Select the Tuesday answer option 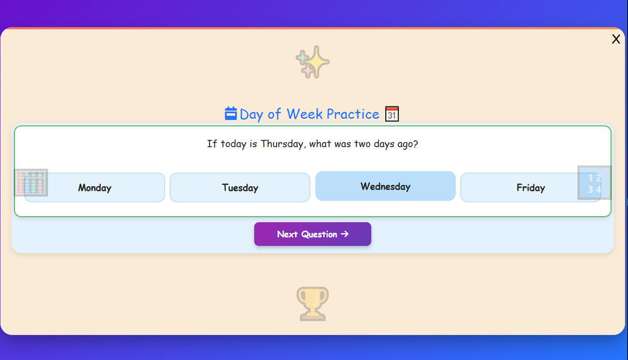(x=240, y=187)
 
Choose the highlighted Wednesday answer (x=385, y=186)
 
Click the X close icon (x=616, y=39)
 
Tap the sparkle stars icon (x=313, y=62)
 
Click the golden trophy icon (x=313, y=304)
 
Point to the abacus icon (x=31, y=183)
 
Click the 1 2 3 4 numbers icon (x=594, y=183)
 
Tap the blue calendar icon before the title (x=231, y=114)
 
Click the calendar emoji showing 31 (x=392, y=114)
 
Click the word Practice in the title (x=353, y=114)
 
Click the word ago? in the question (x=407, y=144)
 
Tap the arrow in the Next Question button (x=345, y=234)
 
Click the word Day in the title (x=251, y=114)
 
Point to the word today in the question (x=233, y=144)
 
